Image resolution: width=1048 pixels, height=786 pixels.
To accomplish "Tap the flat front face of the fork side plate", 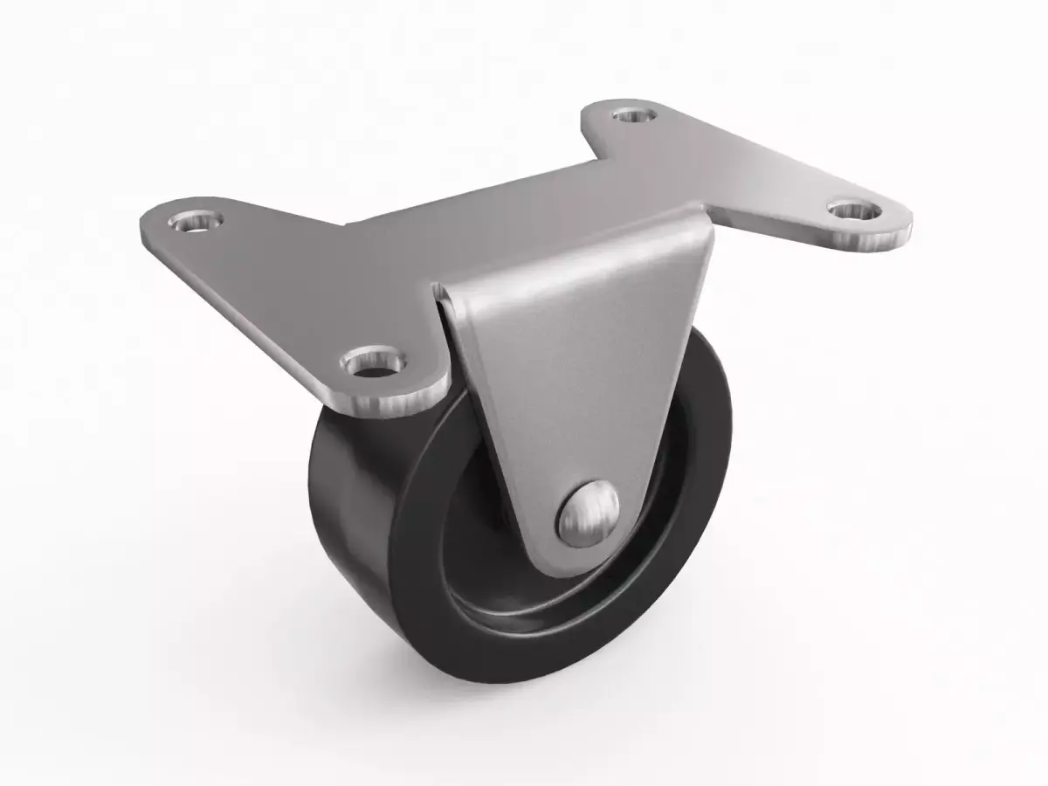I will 576,367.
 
